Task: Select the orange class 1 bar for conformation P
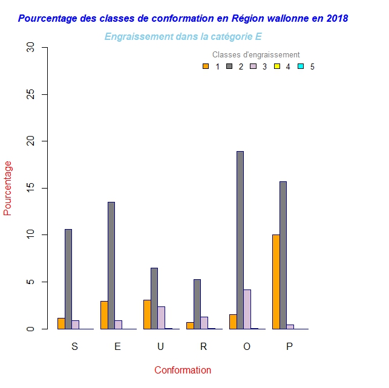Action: (x=276, y=282)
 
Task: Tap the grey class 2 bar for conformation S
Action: (x=68, y=279)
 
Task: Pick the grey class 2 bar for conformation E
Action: (x=111, y=265)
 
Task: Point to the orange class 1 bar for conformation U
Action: (x=147, y=314)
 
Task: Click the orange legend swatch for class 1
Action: (x=206, y=66)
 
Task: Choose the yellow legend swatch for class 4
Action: (x=277, y=66)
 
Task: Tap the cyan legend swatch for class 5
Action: (x=301, y=66)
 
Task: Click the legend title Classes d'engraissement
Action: (x=256, y=55)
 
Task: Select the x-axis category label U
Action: (x=160, y=346)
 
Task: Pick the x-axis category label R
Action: (x=203, y=346)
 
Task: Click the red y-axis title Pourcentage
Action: (x=8, y=188)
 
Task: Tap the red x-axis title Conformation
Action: (x=183, y=370)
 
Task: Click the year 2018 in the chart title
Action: (x=336, y=18)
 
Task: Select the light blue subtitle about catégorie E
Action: (x=183, y=36)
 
